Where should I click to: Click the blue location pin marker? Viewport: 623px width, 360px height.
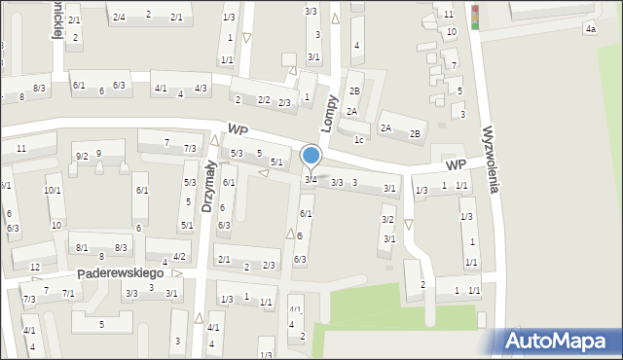[x=311, y=156]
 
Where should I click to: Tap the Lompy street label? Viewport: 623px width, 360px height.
[x=331, y=114]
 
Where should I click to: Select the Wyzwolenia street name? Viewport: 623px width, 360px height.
[x=491, y=159]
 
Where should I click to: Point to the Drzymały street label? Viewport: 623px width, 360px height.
[x=208, y=187]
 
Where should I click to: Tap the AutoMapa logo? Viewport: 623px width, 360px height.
[x=559, y=341]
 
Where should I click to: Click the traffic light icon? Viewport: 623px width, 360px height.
[x=476, y=18]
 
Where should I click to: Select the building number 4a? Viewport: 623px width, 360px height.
[x=590, y=29]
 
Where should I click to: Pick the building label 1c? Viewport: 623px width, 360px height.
[x=359, y=139]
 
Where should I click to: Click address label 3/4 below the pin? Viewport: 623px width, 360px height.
[x=311, y=180]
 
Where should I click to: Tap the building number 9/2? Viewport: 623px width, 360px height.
[x=82, y=157]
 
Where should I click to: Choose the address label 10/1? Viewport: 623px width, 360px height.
[x=53, y=191]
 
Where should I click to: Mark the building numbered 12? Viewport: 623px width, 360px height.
[x=35, y=268]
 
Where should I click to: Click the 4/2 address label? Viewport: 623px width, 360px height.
[x=179, y=257]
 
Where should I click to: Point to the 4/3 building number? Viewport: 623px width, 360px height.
[x=201, y=89]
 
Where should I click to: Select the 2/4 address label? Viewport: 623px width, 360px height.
[x=119, y=17]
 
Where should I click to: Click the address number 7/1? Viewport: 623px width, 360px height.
[x=68, y=293]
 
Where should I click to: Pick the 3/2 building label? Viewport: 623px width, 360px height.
[x=387, y=220]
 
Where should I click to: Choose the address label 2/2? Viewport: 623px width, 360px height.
[x=264, y=100]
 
